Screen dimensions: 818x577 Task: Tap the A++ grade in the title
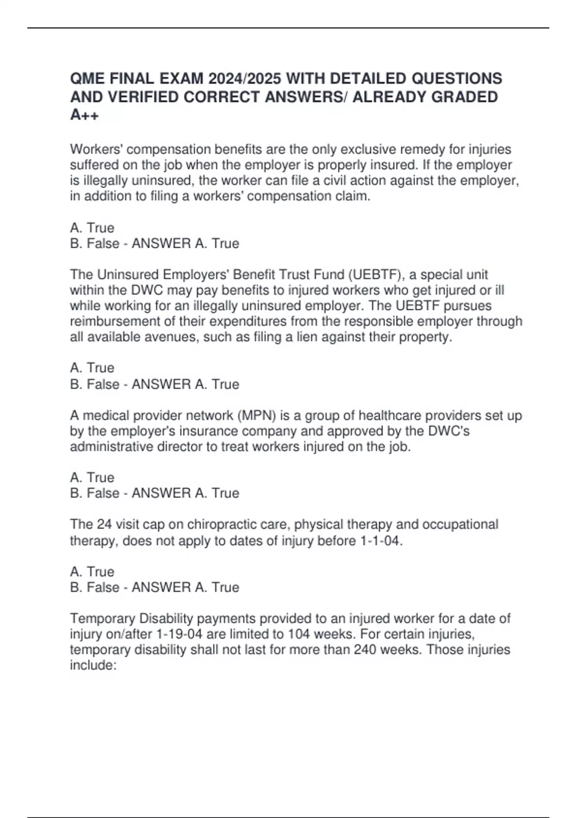point(84,115)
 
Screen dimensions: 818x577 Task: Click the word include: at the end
point(93,665)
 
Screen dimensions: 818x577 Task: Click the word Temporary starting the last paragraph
point(102,618)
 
